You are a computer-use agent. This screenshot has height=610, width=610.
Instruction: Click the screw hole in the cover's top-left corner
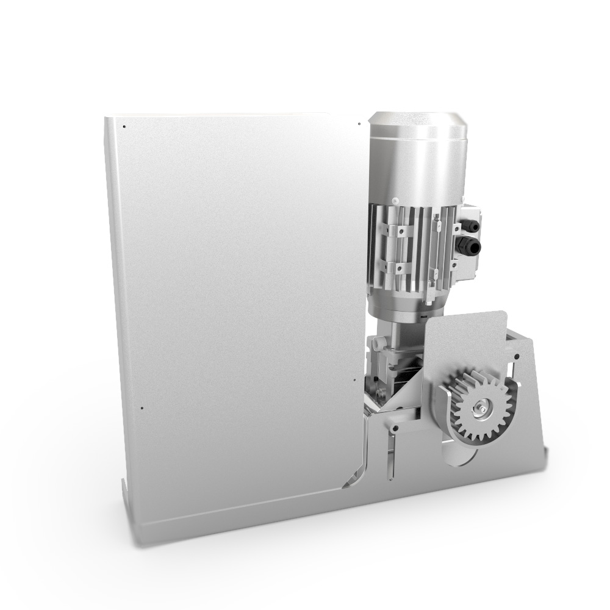click(x=124, y=127)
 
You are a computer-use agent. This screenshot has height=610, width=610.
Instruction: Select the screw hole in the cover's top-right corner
click(x=359, y=124)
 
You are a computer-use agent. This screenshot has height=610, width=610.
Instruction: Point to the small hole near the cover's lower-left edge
click(x=141, y=407)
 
